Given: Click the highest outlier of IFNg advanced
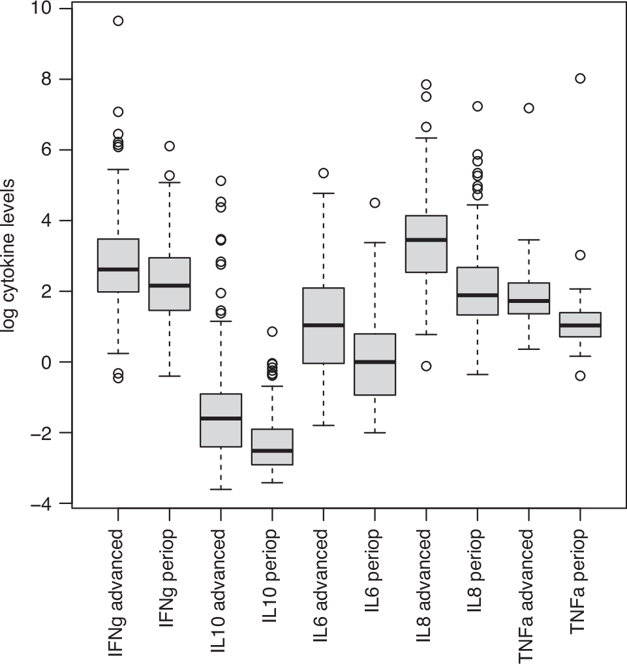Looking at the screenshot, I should (x=118, y=20).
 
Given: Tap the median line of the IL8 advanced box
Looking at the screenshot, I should (x=426, y=240).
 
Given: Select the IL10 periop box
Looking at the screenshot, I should (x=272, y=447).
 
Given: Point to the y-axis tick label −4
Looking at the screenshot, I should (x=43, y=503).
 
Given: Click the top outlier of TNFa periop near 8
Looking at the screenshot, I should (x=579, y=78).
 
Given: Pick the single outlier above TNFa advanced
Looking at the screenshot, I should (x=528, y=108).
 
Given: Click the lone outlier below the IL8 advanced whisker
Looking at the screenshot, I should (x=426, y=366).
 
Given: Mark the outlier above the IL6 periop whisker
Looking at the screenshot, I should (x=375, y=202).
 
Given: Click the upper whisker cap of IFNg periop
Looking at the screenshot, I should (x=170, y=183).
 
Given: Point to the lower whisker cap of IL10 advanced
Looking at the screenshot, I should (x=221, y=489).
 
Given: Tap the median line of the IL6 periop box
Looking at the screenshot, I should (x=375, y=362).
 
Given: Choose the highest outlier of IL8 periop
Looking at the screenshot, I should (x=477, y=106).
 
